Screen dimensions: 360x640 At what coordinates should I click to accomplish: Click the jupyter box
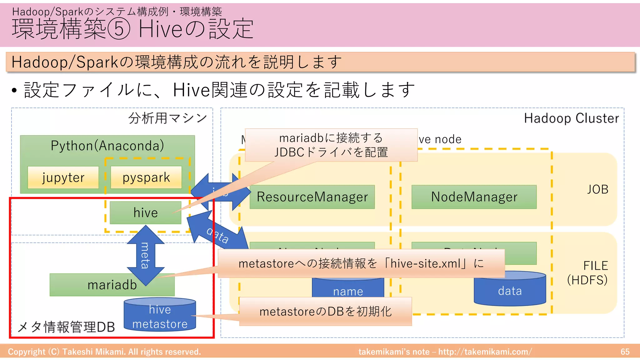coord(63,177)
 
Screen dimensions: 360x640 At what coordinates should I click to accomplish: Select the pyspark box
coord(146,177)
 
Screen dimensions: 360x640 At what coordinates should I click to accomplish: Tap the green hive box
coord(145,213)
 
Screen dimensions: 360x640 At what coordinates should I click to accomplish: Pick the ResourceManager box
coord(312,197)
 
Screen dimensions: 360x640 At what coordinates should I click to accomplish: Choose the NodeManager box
coord(474,197)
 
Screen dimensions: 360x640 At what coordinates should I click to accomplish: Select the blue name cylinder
coord(347,289)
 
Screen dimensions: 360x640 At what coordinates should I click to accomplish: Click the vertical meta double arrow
coord(145,256)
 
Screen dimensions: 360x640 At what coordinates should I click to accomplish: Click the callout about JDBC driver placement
coord(331,145)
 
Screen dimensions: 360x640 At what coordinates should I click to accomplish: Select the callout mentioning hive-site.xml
coord(361,263)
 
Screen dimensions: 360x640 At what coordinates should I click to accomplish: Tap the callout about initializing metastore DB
coord(325,312)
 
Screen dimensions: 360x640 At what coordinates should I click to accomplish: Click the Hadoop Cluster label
coord(571,118)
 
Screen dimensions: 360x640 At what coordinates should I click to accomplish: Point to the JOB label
coord(597,189)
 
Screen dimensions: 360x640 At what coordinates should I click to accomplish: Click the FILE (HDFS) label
coord(588,273)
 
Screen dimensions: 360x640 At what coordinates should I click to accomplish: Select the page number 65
coord(625,352)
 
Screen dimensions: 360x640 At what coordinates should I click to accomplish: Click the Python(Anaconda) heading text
coord(107,146)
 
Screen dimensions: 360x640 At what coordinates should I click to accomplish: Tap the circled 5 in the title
coord(119,29)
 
